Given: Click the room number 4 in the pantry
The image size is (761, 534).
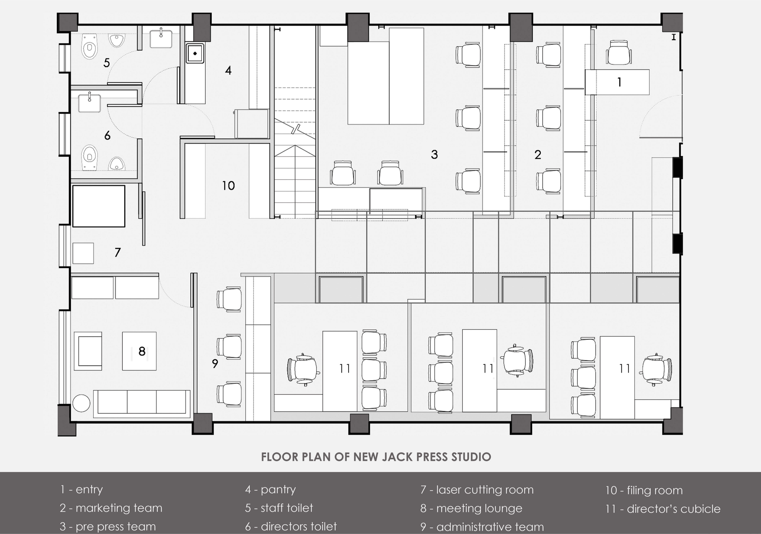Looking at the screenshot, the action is coord(228,70).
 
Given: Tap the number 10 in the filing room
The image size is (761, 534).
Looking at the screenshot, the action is coord(228,186).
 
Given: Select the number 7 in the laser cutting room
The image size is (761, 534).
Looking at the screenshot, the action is coord(117,252).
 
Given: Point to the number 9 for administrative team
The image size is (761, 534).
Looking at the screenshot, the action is coord(215,364).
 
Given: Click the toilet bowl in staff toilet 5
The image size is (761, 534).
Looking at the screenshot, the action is coord(89,47).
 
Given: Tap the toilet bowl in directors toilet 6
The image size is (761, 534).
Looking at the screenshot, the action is coord(89,157).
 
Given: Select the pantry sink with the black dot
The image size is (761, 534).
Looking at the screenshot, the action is coord(195,53).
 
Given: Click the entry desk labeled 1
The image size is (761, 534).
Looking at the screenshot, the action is coord(617,82).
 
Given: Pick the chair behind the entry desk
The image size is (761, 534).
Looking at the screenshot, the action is coord(618,53).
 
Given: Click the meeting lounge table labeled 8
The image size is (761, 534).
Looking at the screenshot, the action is coord(139,351).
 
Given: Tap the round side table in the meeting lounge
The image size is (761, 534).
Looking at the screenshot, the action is coord(82,403).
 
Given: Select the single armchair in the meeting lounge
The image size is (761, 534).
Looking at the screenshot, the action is coord(88,351).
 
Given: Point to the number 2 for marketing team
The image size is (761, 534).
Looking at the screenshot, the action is coord(538,155).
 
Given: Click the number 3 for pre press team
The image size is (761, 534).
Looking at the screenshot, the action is coord(434,155).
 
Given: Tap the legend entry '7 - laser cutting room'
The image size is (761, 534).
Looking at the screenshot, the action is coord(477,490).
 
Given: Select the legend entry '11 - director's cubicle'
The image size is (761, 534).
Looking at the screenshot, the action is coord(663,509).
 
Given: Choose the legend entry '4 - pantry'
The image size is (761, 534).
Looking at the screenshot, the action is coord(270,490).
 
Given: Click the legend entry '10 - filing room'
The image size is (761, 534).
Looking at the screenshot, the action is coord(644,490).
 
